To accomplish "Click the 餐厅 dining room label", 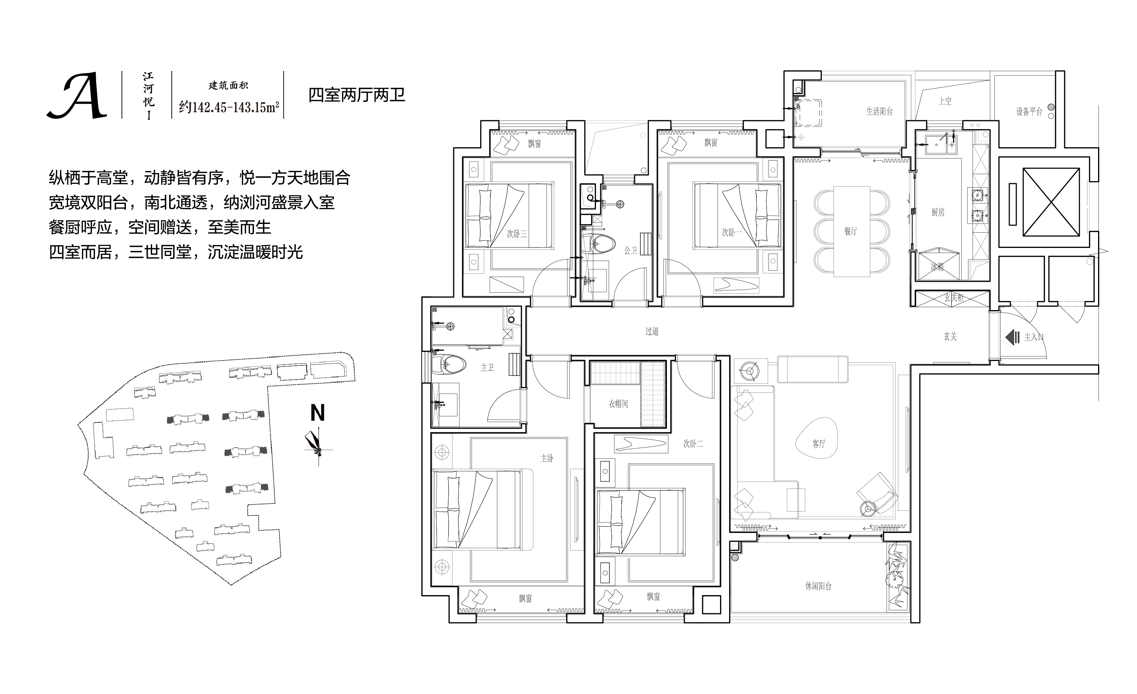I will [850, 231].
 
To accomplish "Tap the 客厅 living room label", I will [819, 444].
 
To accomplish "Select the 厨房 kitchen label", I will [938, 212].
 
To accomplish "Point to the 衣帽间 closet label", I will [618, 404].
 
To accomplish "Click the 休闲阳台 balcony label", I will [818, 586].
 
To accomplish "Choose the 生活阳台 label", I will [879, 111].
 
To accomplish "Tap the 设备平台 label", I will [1029, 111].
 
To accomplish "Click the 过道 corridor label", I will [652, 331].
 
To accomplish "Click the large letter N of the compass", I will [318, 413].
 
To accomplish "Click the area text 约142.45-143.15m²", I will [229, 108].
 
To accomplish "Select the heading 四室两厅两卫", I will [356, 95].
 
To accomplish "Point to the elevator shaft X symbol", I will [1051, 202].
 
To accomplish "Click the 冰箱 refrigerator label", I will [937, 267].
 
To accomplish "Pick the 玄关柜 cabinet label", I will [953, 298].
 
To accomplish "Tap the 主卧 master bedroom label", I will [547, 458].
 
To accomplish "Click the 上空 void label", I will [945, 101].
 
